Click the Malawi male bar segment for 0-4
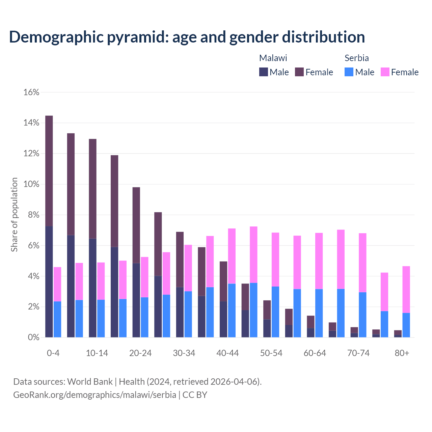49,282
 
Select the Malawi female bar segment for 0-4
49,171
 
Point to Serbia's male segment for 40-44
232,310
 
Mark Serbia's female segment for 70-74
362,263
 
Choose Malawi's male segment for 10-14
92,288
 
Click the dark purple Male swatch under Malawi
264,72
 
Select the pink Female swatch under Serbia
385,72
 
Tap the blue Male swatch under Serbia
349,72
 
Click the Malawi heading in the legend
273,58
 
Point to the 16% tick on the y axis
31,92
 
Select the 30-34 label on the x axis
184,353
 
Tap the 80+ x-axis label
402,353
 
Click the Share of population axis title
14,215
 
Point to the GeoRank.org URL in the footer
94,395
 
